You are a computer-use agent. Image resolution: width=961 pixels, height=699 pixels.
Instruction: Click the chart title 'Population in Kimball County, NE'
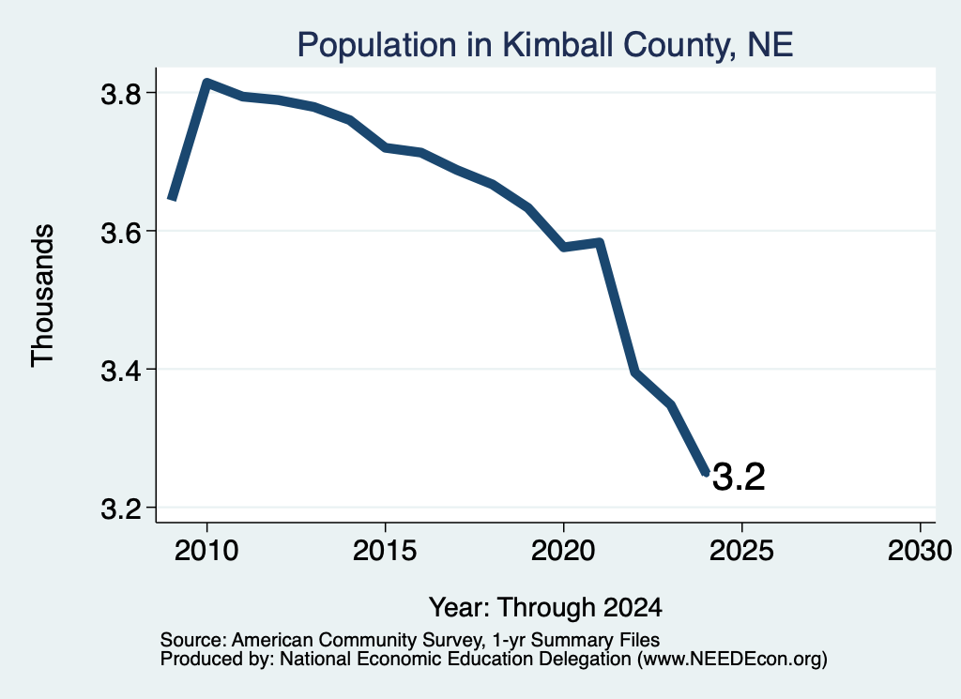(x=545, y=45)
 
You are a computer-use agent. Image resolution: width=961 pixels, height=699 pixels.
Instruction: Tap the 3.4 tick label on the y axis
(x=121, y=371)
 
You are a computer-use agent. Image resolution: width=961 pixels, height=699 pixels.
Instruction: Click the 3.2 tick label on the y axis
(x=121, y=509)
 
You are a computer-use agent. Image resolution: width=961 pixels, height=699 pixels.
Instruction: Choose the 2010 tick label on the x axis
(x=206, y=550)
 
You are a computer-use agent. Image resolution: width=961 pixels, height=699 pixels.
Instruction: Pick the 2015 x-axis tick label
(x=385, y=550)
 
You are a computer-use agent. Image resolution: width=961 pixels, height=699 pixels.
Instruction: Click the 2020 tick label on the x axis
(x=563, y=550)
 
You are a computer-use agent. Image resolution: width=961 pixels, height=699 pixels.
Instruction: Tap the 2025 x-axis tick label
(x=741, y=550)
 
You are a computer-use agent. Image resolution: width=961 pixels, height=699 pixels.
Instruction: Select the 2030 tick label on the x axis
(x=920, y=550)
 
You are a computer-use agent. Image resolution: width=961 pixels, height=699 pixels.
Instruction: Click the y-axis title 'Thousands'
(x=42, y=296)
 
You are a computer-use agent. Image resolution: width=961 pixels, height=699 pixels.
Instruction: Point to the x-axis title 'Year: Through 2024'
(x=545, y=607)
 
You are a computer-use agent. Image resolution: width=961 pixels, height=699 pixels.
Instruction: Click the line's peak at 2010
(x=207, y=83)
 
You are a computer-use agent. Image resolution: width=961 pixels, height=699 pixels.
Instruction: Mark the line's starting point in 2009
(x=173, y=198)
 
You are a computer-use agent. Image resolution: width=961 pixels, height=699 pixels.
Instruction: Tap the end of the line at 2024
(x=706, y=472)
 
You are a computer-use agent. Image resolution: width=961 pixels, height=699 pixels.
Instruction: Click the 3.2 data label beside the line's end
(x=740, y=478)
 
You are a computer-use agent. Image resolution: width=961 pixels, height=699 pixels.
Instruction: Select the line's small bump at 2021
(x=600, y=243)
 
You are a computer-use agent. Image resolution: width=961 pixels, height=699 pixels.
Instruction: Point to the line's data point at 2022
(x=635, y=371)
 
